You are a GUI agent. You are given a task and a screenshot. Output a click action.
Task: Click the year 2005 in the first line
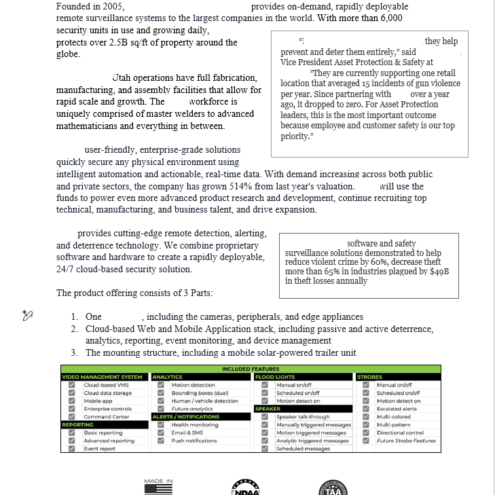(x=113, y=6)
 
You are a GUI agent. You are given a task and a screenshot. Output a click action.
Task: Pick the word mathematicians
(x=86, y=126)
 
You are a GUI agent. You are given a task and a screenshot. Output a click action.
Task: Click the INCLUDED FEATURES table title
(x=251, y=369)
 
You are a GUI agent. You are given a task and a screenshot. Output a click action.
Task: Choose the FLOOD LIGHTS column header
(x=275, y=377)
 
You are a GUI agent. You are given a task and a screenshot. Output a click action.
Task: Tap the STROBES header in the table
(x=370, y=377)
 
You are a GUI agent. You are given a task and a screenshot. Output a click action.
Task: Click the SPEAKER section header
(x=268, y=409)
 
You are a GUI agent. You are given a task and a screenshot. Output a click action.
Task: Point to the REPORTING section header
(x=78, y=424)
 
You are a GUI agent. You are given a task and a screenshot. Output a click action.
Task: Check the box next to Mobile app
(x=71, y=401)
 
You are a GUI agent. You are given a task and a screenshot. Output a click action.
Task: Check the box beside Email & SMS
(x=161, y=433)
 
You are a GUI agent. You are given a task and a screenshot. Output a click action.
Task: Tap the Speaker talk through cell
(x=303, y=417)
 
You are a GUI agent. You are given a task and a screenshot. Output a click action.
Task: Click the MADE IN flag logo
(x=158, y=486)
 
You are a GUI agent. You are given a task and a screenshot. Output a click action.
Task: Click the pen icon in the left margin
(x=28, y=315)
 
